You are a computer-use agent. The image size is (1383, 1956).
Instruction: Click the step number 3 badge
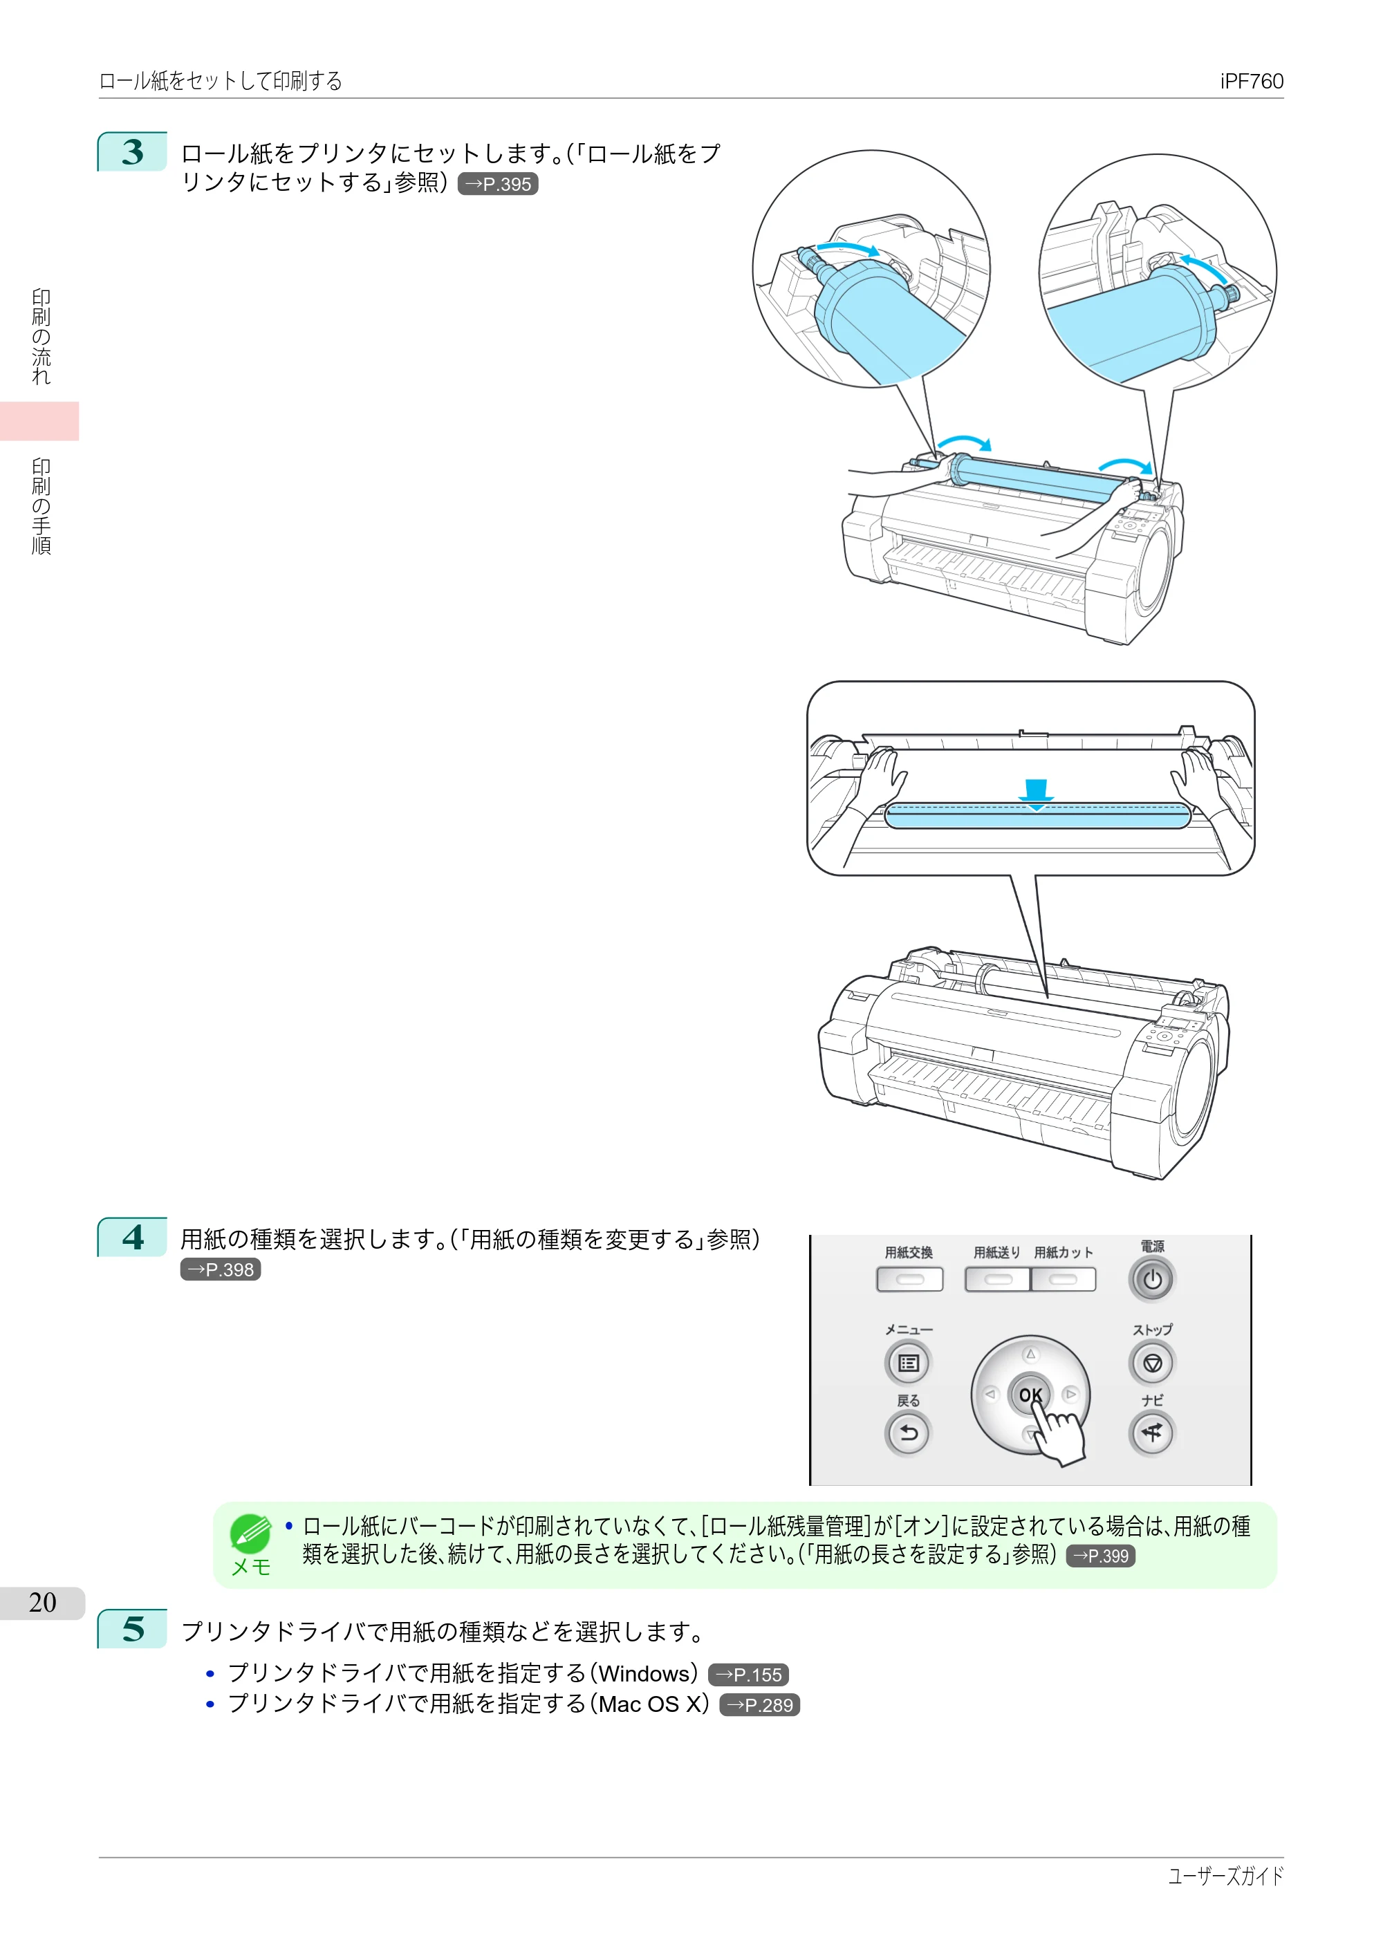tap(132, 151)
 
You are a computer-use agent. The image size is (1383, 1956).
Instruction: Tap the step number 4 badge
tap(132, 1237)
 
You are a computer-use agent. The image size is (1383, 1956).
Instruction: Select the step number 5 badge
tap(132, 1628)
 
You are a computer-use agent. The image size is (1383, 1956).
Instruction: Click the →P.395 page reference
tap(498, 184)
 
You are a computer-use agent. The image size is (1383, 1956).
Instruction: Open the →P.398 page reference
tap(221, 1269)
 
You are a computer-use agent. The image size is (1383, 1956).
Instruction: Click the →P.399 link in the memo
tap(1100, 1556)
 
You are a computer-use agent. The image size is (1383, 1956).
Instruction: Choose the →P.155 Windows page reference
tap(748, 1675)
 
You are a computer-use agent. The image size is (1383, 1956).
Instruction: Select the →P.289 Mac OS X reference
tap(759, 1705)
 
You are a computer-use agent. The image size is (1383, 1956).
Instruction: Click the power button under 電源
tap(1152, 1280)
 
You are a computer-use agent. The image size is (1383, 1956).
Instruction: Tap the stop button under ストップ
tap(1152, 1363)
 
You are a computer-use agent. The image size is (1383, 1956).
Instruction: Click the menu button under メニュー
tap(909, 1363)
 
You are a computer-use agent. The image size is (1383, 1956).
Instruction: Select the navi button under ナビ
tap(1152, 1433)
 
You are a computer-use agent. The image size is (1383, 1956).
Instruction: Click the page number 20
tap(43, 1603)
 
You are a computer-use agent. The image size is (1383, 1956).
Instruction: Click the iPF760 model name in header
tap(1251, 81)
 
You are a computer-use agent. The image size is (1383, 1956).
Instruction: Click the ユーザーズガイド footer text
tap(1225, 1876)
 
